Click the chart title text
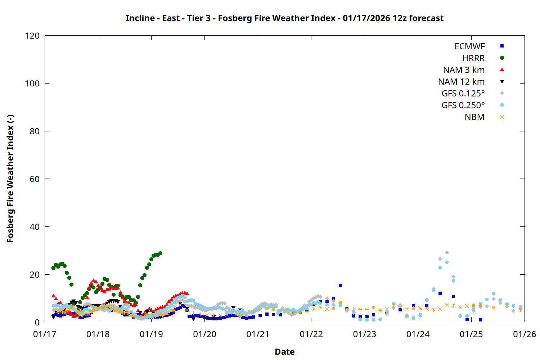(x=284, y=18)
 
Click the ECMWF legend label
(x=469, y=46)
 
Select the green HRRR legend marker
(x=502, y=58)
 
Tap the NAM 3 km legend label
(x=464, y=70)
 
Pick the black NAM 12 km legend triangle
(x=502, y=82)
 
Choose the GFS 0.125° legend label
(x=463, y=94)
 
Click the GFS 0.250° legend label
(x=463, y=105)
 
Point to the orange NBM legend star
(x=502, y=117)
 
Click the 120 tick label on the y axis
(x=32, y=36)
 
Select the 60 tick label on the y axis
(x=35, y=179)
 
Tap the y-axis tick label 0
(x=37, y=322)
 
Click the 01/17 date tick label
(x=45, y=334)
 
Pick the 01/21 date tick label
(x=258, y=334)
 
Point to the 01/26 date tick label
(x=524, y=334)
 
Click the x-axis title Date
(x=284, y=352)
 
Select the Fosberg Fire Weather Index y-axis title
(x=10, y=179)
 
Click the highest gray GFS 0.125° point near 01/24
(x=447, y=253)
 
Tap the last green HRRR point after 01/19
(x=160, y=253)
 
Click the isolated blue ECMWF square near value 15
(x=340, y=286)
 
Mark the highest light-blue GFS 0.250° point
(x=447, y=262)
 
